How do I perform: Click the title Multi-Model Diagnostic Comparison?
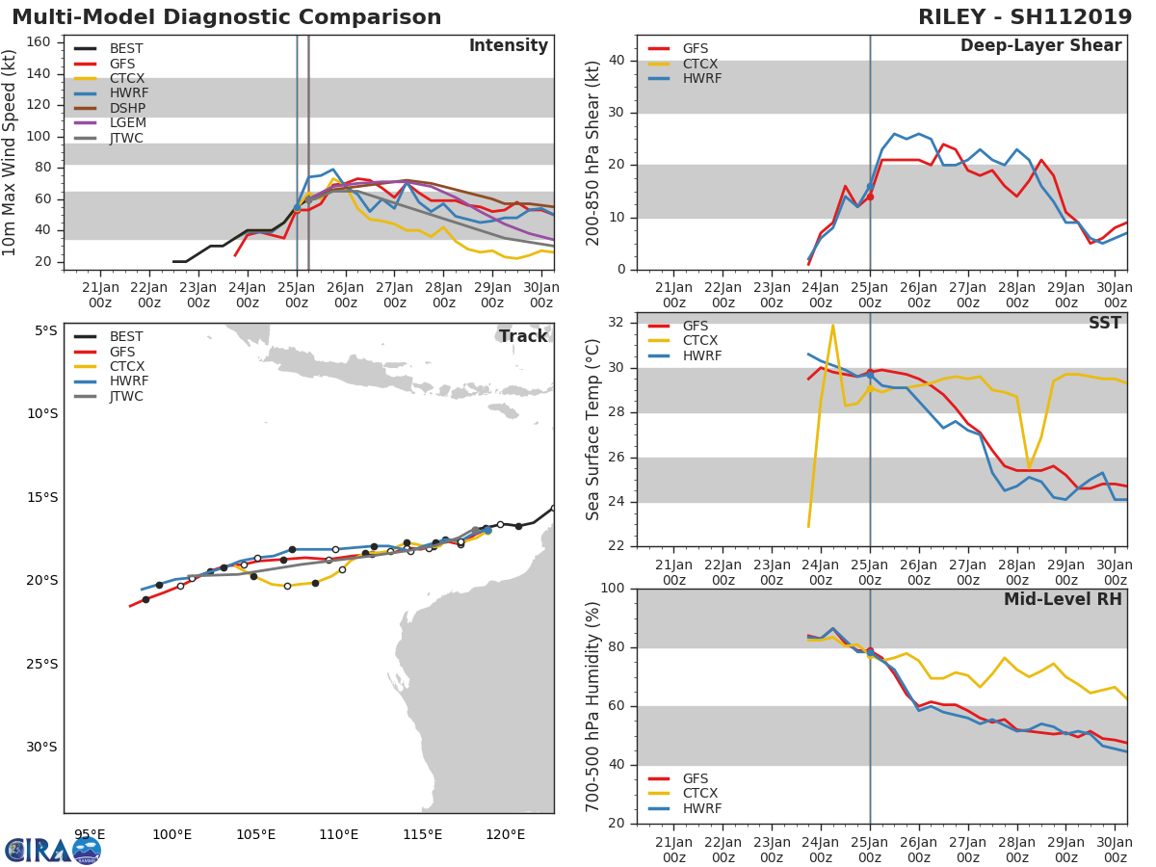click(x=226, y=17)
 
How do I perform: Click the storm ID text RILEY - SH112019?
click(x=1025, y=17)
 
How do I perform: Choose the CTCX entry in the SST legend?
click(x=701, y=341)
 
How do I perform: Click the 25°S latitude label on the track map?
click(x=40, y=664)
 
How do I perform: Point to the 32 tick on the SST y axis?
click(x=617, y=323)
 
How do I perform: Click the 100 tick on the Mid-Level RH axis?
click(x=613, y=589)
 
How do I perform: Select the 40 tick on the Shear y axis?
click(x=617, y=61)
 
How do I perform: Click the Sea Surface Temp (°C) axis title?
click(x=592, y=430)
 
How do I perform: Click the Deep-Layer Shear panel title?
click(x=1040, y=46)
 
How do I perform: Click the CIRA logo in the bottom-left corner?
click(x=53, y=850)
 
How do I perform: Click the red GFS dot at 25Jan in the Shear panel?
click(x=870, y=197)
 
